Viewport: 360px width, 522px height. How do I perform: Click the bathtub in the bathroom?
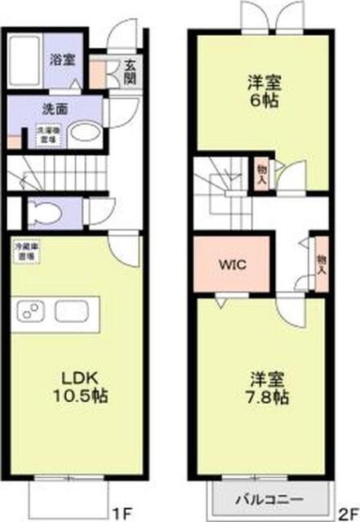pyautogui.click(x=29, y=58)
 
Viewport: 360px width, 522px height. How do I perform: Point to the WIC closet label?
pyautogui.click(x=232, y=264)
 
